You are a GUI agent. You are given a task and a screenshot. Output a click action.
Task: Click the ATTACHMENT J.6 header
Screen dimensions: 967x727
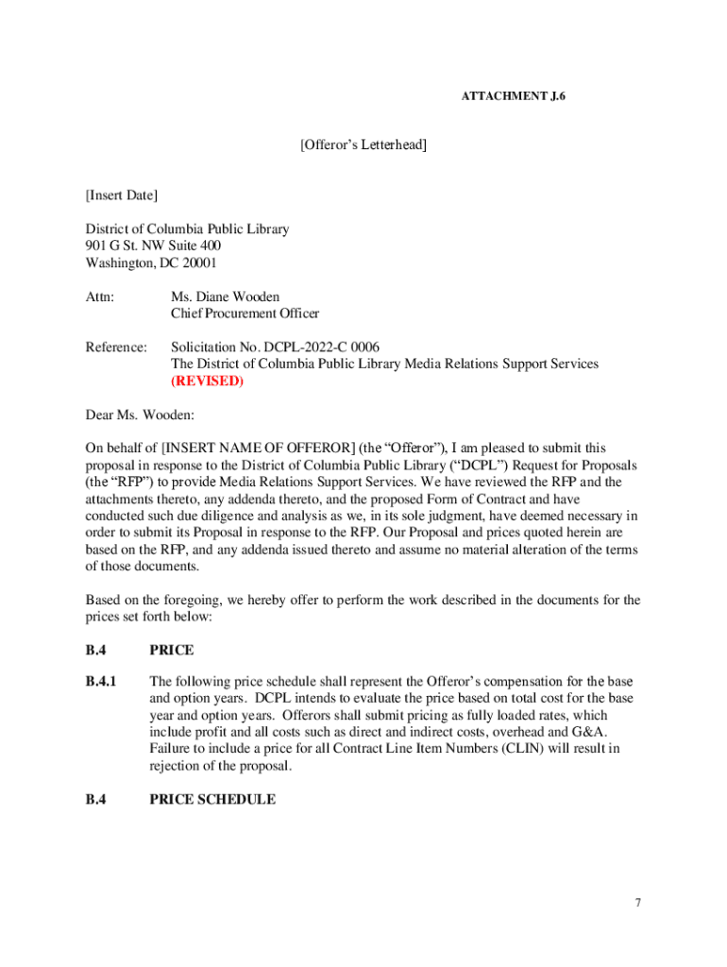coord(514,96)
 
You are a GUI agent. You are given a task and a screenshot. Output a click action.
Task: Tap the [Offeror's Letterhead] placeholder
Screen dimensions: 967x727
coord(363,144)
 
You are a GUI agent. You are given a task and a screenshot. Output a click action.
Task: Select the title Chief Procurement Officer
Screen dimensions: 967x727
coord(245,314)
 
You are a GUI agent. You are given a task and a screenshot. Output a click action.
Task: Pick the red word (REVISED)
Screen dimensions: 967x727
coord(207,382)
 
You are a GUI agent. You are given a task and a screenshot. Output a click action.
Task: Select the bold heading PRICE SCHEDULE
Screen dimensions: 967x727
coord(212,800)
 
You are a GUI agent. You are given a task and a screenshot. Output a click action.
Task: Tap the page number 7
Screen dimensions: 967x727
coord(638,904)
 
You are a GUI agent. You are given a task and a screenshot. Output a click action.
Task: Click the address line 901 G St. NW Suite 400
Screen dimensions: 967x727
coord(154,246)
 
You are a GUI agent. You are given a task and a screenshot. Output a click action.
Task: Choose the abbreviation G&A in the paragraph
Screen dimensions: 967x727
coord(589,733)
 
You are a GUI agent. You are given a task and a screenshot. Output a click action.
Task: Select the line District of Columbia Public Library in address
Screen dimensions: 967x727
coord(187,229)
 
